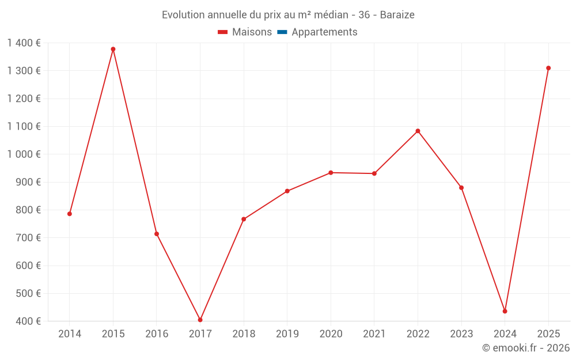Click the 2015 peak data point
113,49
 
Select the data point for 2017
200,320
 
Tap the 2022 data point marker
418,131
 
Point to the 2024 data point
505,311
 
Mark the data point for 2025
548,68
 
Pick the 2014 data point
70,214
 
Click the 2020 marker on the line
331,173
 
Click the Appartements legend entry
324,32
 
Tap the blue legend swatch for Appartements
282,32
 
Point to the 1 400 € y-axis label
24,43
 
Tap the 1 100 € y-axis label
24,126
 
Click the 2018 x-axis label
244,334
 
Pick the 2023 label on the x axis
461,334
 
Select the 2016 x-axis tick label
157,334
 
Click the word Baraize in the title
397,15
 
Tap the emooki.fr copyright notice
526,348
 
